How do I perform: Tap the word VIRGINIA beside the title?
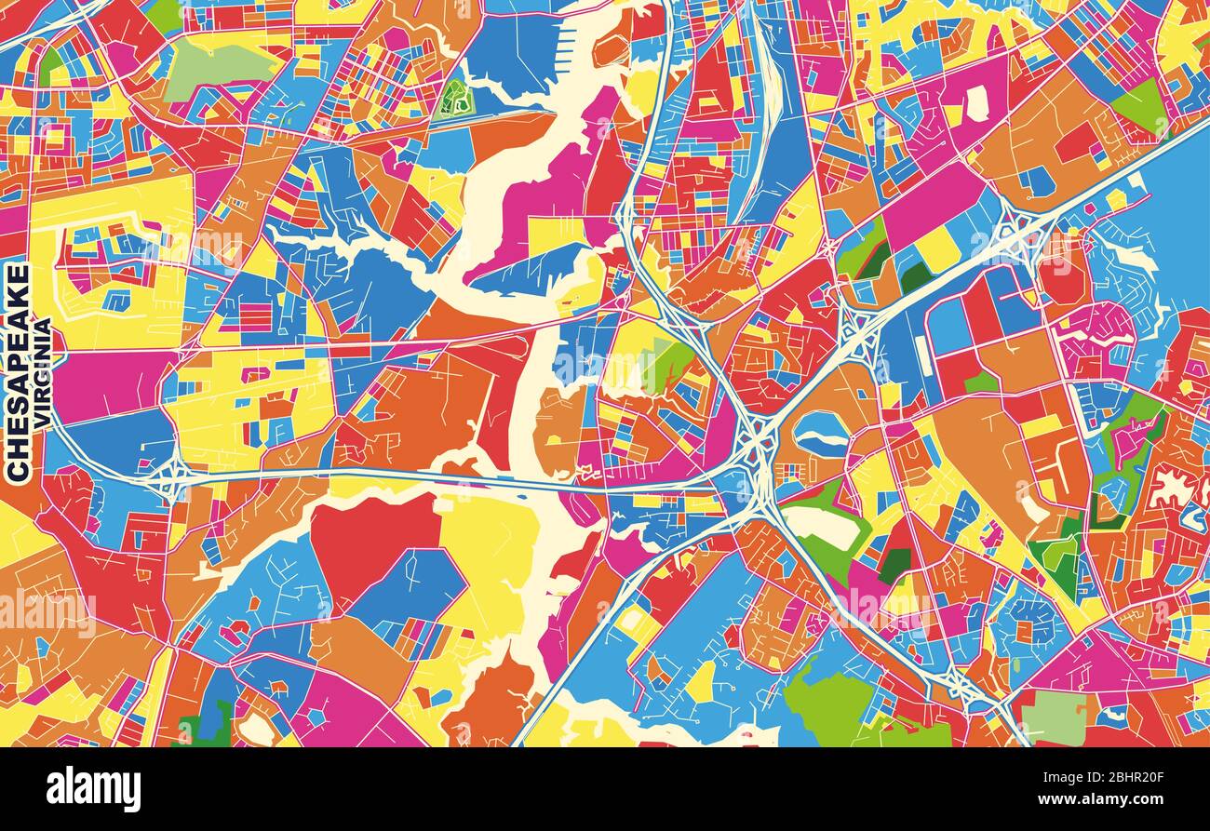[43, 372]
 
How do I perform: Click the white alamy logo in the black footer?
[93, 789]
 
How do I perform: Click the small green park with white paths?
[454, 98]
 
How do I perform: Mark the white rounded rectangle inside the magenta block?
[975, 102]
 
